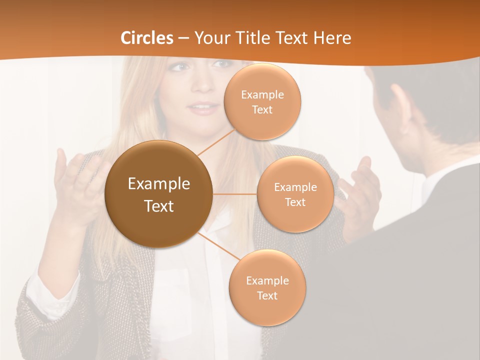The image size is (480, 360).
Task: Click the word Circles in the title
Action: coord(147,38)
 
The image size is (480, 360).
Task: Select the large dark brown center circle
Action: coord(159,194)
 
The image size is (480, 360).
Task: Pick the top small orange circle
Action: coord(262,101)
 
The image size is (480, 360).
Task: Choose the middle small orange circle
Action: coord(295,194)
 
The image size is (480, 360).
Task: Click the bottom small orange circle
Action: coord(267,287)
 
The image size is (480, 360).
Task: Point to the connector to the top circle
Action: coord(215,141)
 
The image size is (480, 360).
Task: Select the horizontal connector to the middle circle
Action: coord(235,194)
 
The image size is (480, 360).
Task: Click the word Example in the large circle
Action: coord(159,184)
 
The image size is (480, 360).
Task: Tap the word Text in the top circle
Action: coord(262,109)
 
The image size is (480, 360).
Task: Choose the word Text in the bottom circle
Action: coord(267,295)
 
